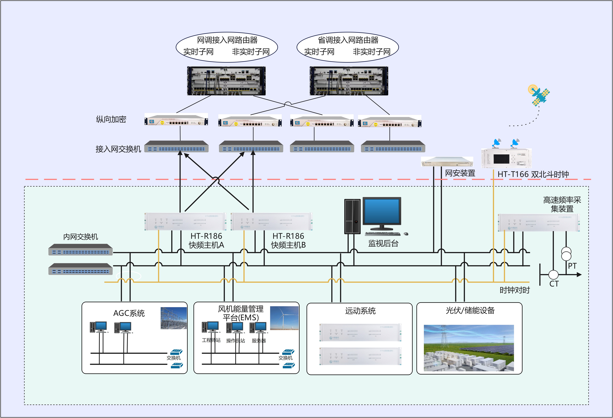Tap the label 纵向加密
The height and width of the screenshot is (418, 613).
(111, 119)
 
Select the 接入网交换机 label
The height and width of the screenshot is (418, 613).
(118, 149)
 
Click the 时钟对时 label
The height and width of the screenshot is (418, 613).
(515, 290)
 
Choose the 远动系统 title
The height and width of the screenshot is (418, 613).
(360, 311)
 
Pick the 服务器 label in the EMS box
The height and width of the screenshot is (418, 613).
(259, 341)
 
